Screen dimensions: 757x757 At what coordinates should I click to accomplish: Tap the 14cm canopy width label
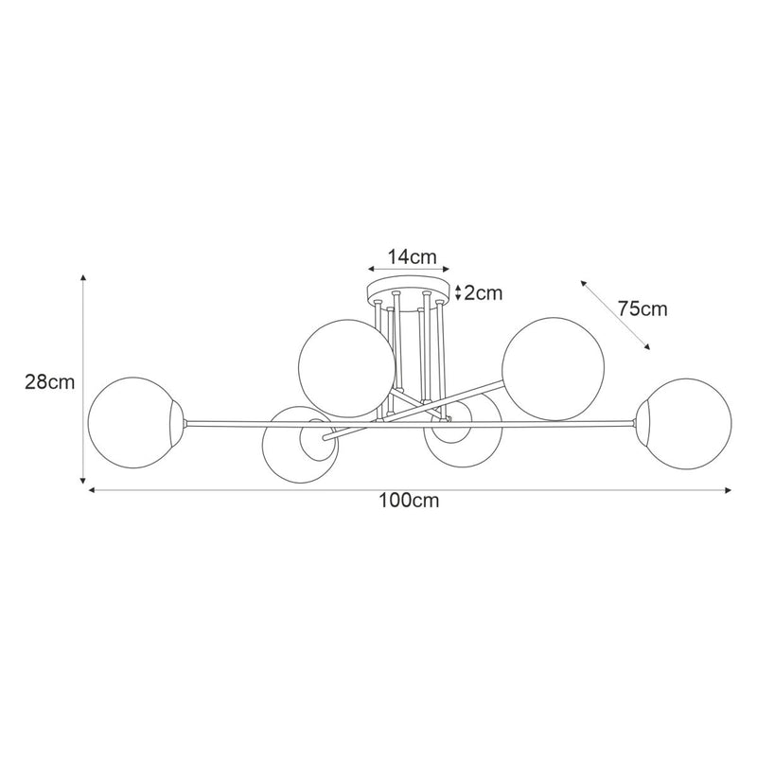tap(410, 256)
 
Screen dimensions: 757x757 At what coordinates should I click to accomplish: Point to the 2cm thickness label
tap(483, 292)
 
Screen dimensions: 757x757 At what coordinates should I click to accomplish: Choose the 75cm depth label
tap(643, 308)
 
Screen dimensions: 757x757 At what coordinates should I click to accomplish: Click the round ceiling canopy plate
tap(409, 290)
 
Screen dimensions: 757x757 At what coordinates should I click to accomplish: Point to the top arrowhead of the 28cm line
tap(84, 278)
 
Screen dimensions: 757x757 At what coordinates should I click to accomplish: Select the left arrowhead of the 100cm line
tap(92, 490)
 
